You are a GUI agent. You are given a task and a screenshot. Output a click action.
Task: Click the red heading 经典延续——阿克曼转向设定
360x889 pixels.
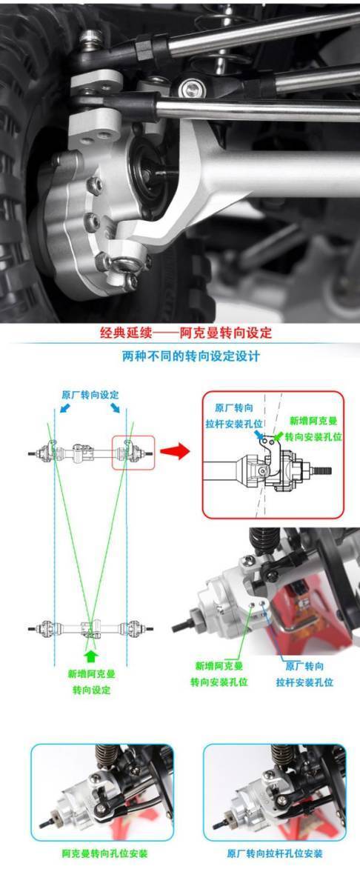point(186,333)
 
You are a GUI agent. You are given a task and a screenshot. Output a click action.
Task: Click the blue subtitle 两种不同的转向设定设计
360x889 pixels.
point(191,356)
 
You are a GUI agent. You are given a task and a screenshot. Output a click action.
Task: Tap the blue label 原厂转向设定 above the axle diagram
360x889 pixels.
point(90,395)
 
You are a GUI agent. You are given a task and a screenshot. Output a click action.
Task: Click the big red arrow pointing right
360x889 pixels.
point(175,451)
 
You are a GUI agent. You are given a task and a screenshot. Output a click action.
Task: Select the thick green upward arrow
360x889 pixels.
point(91,655)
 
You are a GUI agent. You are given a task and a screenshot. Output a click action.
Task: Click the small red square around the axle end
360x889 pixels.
point(133,453)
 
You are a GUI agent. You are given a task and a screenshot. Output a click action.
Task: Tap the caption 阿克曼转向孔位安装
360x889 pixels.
point(104,853)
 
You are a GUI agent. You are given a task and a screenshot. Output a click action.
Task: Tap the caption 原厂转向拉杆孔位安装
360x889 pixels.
point(275,853)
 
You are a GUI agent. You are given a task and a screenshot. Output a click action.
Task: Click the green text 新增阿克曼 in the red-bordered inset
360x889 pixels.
point(313,421)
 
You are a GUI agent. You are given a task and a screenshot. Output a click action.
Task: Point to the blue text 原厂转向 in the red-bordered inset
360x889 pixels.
point(234,407)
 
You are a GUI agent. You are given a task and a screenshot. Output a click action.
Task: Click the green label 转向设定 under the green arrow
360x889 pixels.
point(91,690)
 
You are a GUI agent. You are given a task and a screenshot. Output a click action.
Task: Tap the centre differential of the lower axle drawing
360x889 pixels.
point(91,629)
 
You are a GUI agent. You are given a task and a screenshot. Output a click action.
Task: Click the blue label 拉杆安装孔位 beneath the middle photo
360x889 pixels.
point(304,682)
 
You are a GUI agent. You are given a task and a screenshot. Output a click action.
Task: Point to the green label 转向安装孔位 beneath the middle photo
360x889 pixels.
point(219,682)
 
